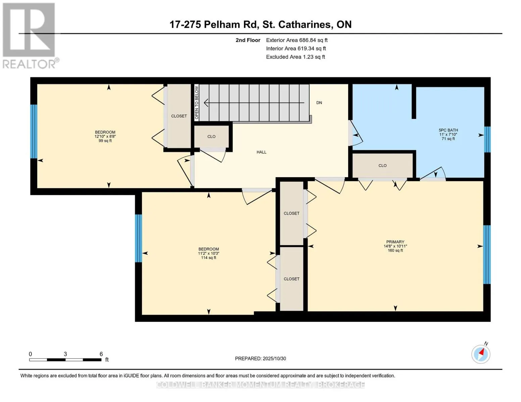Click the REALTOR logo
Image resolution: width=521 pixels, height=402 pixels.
point(29,35)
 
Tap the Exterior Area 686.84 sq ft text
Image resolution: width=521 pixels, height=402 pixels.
point(297,40)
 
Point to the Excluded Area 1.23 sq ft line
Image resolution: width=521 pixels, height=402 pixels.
point(295,57)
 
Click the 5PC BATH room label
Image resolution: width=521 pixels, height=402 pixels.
point(448,130)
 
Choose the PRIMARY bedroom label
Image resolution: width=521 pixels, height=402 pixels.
point(395,242)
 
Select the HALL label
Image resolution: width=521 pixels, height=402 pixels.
point(261,152)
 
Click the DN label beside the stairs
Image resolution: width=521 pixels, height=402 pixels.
point(319,103)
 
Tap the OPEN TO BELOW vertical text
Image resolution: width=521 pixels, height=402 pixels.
point(197,103)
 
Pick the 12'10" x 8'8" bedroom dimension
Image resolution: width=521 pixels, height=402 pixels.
point(105,137)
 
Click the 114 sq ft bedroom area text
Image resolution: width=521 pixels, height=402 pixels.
point(208,258)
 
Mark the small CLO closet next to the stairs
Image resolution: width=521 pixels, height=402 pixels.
point(211,137)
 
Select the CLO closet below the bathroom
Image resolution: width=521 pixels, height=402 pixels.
point(382,165)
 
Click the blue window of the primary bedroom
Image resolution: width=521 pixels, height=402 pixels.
point(486,255)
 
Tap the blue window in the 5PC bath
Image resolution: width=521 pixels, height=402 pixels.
point(487,139)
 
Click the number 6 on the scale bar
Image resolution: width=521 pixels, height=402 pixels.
point(101,354)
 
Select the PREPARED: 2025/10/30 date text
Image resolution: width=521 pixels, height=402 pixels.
point(260,358)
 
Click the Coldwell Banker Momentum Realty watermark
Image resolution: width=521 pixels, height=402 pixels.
point(260,385)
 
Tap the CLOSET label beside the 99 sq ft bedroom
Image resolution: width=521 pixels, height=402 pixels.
point(179,116)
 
